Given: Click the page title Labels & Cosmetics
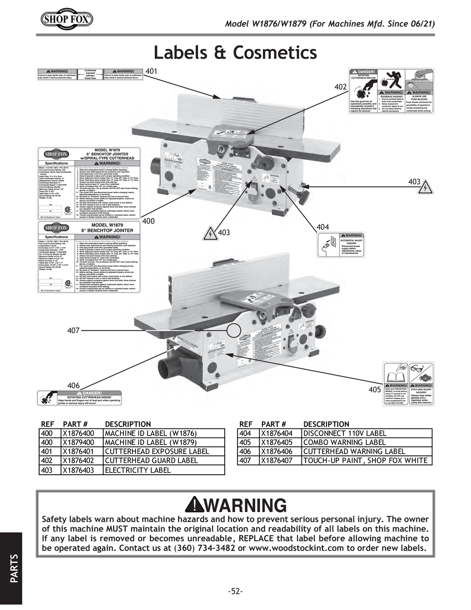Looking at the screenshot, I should click(x=235, y=52).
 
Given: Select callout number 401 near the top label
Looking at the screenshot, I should click(x=151, y=71).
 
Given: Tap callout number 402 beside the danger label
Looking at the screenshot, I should click(x=341, y=87).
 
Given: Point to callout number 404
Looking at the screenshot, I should click(x=323, y=227).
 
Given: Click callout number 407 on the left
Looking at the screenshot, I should click(x=73, y=331).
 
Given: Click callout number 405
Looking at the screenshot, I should click(x=374, y=389).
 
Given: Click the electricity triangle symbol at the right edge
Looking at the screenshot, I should click(x=425, y=187).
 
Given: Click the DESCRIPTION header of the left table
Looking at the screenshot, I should click(x=128, y=424).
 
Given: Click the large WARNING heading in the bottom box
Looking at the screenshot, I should click(x=235, y=505).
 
